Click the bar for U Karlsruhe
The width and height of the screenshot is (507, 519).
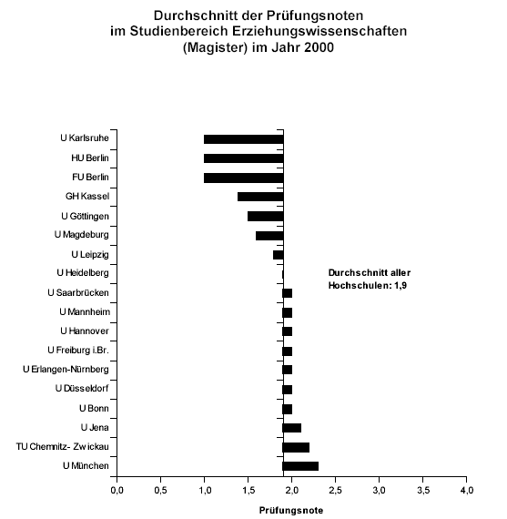click(x=244, y=139)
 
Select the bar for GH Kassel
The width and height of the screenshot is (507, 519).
click(x=260, y=197)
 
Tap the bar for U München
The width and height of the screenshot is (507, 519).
click(x=300, y=466)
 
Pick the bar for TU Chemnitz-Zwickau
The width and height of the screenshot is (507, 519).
click(x=296, y=447)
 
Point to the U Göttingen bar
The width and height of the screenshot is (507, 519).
click(x=266, y=216)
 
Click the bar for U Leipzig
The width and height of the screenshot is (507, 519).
click(x=279, y=255)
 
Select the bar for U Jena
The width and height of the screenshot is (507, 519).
click(x=292, y=428)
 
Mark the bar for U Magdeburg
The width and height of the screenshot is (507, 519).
click(x=269, y=236)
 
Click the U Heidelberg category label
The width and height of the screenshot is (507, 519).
click(x=83, y=273)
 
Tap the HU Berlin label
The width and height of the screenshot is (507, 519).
click(x=90, y=158)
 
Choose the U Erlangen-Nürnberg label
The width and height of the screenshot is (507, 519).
click(x=66, y=370)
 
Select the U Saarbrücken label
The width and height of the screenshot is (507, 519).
click(x=78, y=292)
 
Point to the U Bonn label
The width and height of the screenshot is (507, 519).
click(x=94, y=409)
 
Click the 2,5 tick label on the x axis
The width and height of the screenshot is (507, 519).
click(x=335, y=490)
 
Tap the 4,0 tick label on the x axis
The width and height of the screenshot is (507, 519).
click(x=467, y=490)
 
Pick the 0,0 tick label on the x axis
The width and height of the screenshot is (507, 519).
click(x=117, y=490)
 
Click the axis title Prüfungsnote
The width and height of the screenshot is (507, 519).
click(x=291, y=511)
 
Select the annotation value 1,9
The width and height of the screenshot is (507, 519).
click(x=401, y=285)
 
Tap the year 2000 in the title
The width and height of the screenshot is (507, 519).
click(x=319, y=47)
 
